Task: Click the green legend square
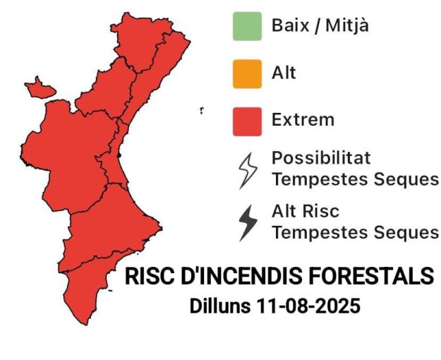point(247,26)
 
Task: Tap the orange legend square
point(247,74)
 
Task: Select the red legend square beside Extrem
point(247,121)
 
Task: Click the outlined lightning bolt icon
point(248,171)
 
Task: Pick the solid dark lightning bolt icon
point(248,223)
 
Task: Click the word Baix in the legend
point(291,25)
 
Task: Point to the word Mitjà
point(347,26)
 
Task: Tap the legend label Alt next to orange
point(284,73)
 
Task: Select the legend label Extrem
point(303,119)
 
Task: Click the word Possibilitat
point(321,158)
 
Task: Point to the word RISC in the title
point(150,276)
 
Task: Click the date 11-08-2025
point(308,306)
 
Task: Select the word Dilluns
point(220,306)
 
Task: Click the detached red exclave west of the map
point(40,88)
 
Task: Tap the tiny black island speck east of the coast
point(201,110)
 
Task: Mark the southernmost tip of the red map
point(87,325)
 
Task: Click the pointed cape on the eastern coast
point(161,228)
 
